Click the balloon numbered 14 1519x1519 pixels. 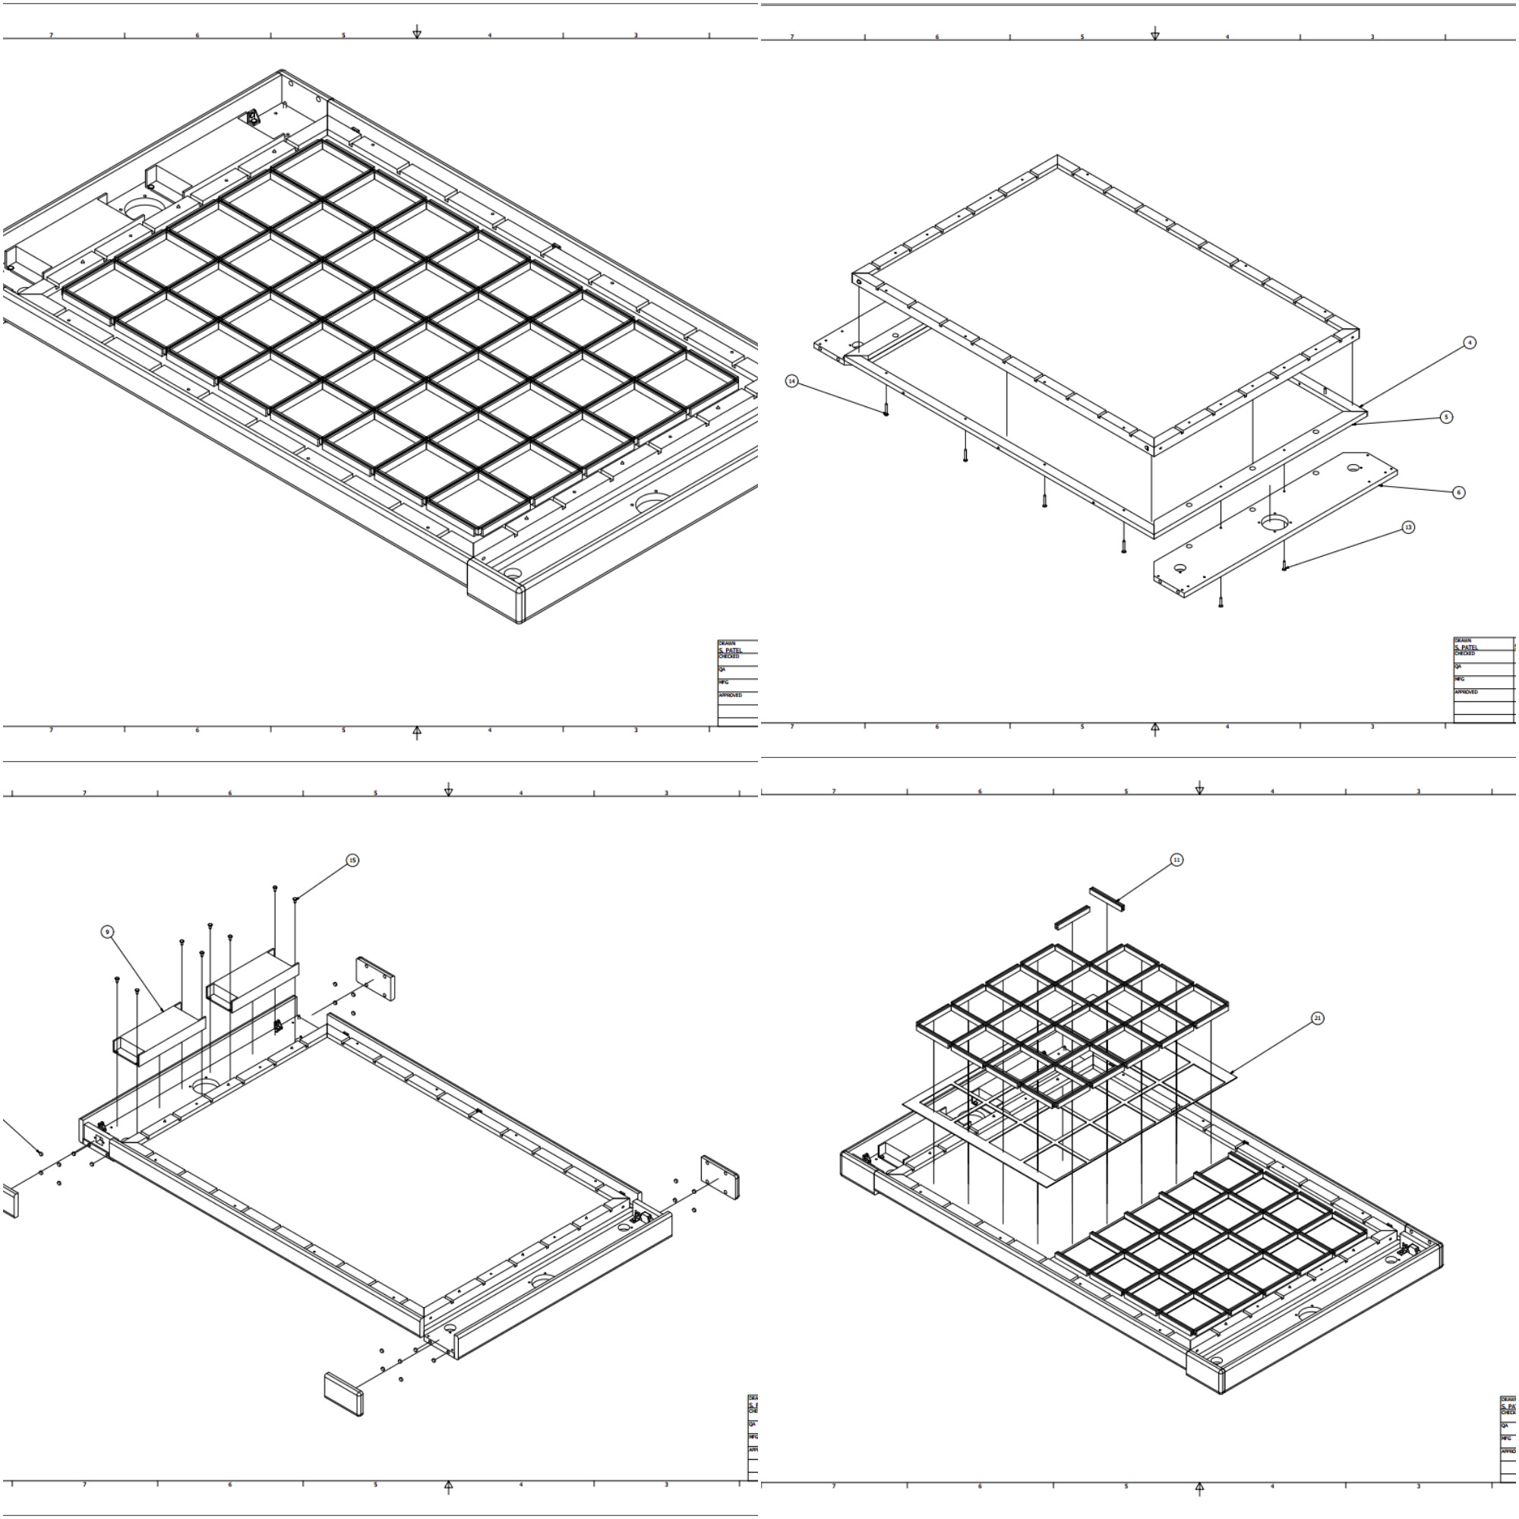(x=791, y=381)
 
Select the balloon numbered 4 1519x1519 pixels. (x=1470, y=343)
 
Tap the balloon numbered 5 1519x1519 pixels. (x=1446, y=417)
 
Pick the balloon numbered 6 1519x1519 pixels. (x=1458, y=492)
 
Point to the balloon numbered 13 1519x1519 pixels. (x=1408, y=527)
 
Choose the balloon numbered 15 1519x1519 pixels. (x=352, y=861)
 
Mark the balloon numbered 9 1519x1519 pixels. (x=108, y=932)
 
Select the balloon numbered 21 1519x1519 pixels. (x=1318, y=1018)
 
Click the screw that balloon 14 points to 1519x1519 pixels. (x=886, y=410)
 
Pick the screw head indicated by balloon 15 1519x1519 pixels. (x=295, y=899)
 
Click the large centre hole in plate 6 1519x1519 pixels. (x=1275, y=522)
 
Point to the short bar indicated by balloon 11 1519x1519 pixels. (x=1108, y=898)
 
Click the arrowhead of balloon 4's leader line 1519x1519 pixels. (x=1360, y=406)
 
